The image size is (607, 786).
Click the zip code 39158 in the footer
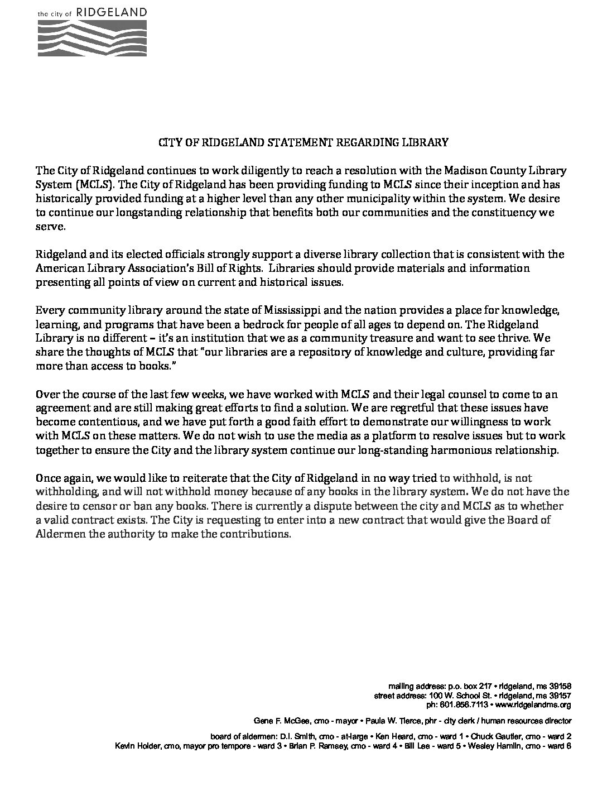558,686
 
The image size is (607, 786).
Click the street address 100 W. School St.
456,696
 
